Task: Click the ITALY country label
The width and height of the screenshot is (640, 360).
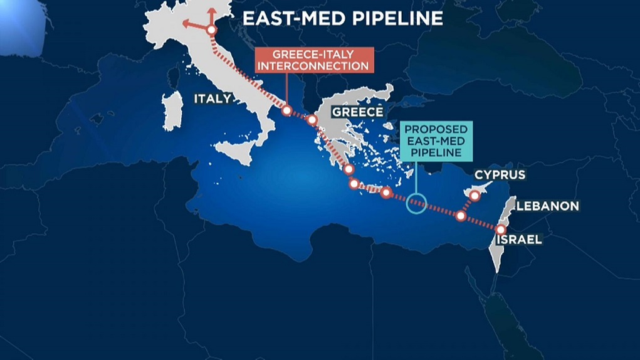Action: [212, 99]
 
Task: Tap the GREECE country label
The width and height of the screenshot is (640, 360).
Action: [357, 112]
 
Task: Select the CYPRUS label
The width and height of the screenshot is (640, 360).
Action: [500, 175]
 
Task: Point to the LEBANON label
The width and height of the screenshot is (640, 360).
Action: [547, 206]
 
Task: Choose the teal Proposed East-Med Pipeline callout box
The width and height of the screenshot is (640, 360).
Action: [435, 140]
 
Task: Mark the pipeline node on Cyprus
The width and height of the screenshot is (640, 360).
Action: [475, 196]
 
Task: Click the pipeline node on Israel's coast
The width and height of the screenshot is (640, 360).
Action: [500, 230]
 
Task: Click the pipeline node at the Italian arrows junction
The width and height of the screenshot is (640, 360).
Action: [211, 29]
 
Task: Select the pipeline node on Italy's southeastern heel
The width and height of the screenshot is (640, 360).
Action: [286, 110]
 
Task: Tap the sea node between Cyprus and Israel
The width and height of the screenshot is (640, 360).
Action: [461, 216]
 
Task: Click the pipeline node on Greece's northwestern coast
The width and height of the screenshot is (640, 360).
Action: [311, 119]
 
